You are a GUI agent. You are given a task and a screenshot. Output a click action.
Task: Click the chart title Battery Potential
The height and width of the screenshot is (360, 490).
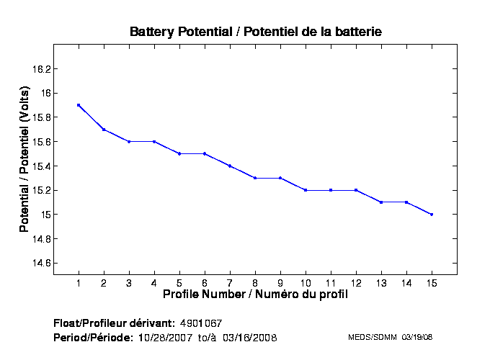tap(255, 32)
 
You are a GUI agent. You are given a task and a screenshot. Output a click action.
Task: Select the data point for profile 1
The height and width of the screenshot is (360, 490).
tap(79, 105)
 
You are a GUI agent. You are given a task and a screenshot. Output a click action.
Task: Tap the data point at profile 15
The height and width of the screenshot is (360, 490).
tap(432, 215)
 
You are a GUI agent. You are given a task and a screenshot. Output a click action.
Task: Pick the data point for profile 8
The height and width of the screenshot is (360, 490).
tap(255, 178)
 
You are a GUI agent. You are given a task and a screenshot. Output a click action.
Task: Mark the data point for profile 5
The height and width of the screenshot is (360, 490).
tap(179, 153)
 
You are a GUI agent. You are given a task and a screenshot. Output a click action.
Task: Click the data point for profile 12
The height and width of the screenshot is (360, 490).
tap(356, 190)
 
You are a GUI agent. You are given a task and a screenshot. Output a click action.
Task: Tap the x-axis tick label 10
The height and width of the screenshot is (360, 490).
tap(306, 282)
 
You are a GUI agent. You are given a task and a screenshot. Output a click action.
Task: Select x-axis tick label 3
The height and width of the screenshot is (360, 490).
tap(129, 282)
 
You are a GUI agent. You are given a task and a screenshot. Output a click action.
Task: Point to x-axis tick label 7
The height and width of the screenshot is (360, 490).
tap(230, 282)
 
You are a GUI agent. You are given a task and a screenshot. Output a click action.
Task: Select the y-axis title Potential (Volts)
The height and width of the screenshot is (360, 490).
tap(24, 159)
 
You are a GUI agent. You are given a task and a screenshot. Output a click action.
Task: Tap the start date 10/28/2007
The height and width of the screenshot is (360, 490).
tap(166, 337)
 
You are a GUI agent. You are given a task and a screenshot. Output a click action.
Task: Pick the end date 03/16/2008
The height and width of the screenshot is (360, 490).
tap(250, 337)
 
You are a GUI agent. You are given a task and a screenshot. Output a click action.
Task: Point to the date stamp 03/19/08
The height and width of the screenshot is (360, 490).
tap(416, 337)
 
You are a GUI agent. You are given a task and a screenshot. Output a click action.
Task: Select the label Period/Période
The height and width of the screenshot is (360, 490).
tap(93, 337)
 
